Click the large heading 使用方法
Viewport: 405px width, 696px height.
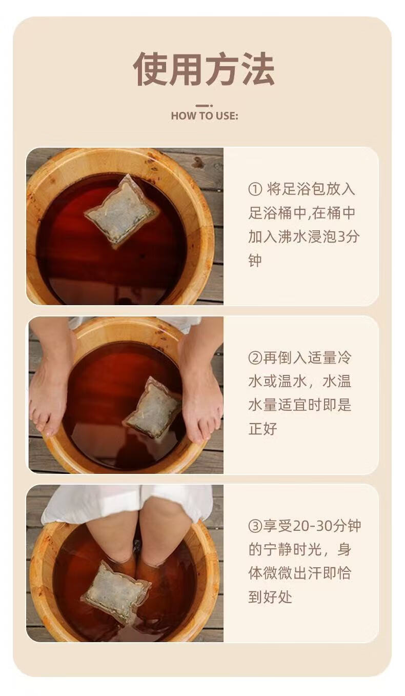tap(204, 69)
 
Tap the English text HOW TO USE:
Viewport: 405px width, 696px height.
tap(205, 116)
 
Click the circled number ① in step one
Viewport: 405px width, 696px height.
tap(255, 189)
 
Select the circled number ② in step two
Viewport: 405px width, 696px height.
tap(255, 358)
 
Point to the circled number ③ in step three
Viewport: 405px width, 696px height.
tap(255, 526)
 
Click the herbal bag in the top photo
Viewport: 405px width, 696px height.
tap(122, 211)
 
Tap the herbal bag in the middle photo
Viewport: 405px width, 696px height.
tap(152, 407)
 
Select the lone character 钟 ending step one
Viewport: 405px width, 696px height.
tap(255, 261)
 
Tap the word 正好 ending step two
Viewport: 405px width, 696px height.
tap(262, 429)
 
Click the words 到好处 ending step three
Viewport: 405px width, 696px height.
tap(270, 597)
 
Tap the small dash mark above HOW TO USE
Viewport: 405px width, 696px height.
tap(204, 106)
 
